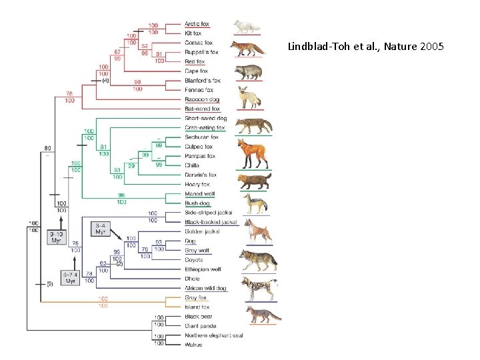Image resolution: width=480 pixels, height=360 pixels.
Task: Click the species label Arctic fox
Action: [x=197, y=24]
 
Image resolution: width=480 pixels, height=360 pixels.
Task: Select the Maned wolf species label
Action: [x=199, y=194]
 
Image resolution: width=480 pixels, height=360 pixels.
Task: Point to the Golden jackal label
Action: [x=202, y=231]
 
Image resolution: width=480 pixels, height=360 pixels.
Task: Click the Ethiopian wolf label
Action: [x=203, y=269]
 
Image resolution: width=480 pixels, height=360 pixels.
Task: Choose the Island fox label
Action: [x=197, y=307]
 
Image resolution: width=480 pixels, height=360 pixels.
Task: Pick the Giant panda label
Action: [x=199, y=326]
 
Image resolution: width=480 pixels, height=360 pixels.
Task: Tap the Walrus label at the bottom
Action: [x=194, y=345]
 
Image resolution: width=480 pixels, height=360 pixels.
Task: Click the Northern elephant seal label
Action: [x=213, y=335]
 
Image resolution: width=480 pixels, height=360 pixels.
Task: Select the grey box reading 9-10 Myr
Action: [x=57, y=236]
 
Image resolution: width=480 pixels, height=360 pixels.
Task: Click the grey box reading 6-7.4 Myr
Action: [x=70, y=277]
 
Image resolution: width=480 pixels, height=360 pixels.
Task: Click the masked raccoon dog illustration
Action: [x=249, y=70]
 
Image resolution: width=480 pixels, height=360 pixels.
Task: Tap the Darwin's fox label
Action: [x=201, y=175]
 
